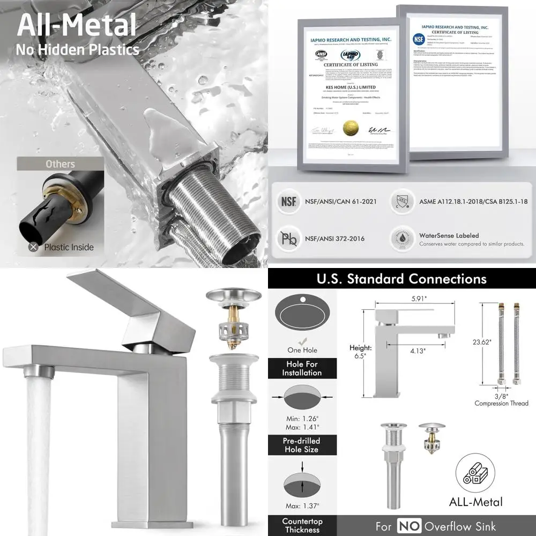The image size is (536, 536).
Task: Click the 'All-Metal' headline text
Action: tap(77, 25)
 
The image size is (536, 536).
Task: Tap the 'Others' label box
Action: tap(60, 164)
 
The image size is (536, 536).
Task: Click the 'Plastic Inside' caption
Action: tap(69, 247)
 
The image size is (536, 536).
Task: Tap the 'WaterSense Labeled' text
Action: tap(449, 235)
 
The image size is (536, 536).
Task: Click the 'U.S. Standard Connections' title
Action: tap(401, 279)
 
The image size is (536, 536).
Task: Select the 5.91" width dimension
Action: tap(405, 301)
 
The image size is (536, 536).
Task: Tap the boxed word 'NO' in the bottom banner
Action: tap(408, 526)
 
